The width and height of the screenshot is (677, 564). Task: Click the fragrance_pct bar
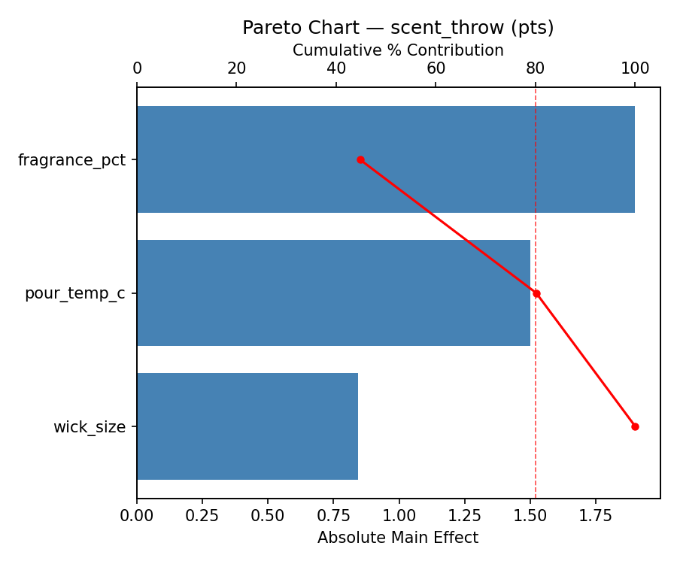tap(385, 159)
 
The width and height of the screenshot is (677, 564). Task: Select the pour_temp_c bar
tap(333, 293)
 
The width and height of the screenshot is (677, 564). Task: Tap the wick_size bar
tap(247, 426)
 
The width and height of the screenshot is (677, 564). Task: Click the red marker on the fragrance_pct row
tap(360, 159)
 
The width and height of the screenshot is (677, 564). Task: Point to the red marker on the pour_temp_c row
tap(536, 293)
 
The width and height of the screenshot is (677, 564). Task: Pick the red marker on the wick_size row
tap(635, 426)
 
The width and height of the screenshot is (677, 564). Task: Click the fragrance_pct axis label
tap(71, 159)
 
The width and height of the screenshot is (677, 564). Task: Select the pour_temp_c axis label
tap(74, 293)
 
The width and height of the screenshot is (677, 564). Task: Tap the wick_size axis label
tap(89, 427)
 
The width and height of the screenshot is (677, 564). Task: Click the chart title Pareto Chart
tap(398, 28)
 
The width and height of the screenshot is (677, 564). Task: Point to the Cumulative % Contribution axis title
tap(398, 50)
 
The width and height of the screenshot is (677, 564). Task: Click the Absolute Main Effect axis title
tap(398, 538)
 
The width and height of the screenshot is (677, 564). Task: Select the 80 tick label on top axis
tap(536, 68)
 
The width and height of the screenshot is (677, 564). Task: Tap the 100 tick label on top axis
tap(635, 68)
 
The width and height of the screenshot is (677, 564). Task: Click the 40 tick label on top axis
tap(336, 68)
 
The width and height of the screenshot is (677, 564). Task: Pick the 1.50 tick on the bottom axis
tap(530, 517)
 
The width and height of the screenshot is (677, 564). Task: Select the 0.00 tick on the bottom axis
tap(137, 517)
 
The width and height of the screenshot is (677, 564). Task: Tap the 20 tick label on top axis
tap(236, 68)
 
